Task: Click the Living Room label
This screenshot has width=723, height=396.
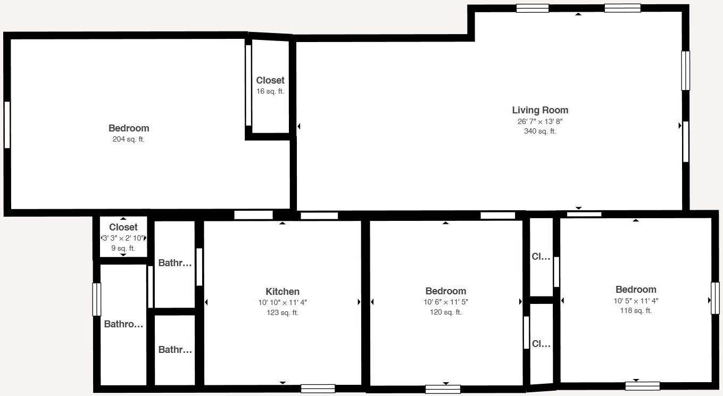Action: pyautogui.click(x=540, y=110)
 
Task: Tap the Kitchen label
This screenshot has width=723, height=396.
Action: pyautogui.click(x=282, y=291)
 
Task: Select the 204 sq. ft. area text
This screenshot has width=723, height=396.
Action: pyautogui.click(x=129, y=139)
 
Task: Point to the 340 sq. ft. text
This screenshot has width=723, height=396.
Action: pyautogui.click(x=540, y=131)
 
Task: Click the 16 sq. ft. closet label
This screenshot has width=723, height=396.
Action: pyautogui.click(x=270, y=91)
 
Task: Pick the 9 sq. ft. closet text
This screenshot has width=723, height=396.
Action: pyautogui.click(x=123, y=248)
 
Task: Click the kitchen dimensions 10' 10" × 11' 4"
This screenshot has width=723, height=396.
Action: pyautogui.click(x=282, y=302)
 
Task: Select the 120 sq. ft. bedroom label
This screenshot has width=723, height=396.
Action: pyautogui.click(x=446, y=312)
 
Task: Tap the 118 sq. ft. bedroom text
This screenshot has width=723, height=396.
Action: pyautogui.click(x=636, y=311)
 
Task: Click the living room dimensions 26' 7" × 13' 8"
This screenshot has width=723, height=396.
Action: pyautogui.click(x=540, y=121)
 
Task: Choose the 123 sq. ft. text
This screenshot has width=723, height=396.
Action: pyautogui.click(x=282, y=313)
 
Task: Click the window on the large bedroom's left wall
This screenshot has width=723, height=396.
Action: pyautogui.click(x=7, y=125)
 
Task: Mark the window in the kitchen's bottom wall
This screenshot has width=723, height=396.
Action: pyautogui.click(x=318, y=389)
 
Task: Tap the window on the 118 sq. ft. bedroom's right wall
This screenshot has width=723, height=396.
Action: pyautogui.click(x=715, y=298)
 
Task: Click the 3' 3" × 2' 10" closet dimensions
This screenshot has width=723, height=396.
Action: pyautogui.click(x=123, y=238)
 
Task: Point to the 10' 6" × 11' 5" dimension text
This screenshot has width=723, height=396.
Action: pyautogui.click(x=446, y=302)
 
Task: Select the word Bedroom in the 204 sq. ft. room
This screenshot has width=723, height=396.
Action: pyautogui.click(x=129, y=128)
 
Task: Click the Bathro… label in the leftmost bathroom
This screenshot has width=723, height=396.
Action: pyautogui.click(x=123, y=324)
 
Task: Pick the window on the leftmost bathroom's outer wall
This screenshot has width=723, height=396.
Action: pyautogui.click(x=97, y=300)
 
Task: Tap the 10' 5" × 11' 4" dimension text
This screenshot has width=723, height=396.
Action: pyautogui.click(x=636, y=301)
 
